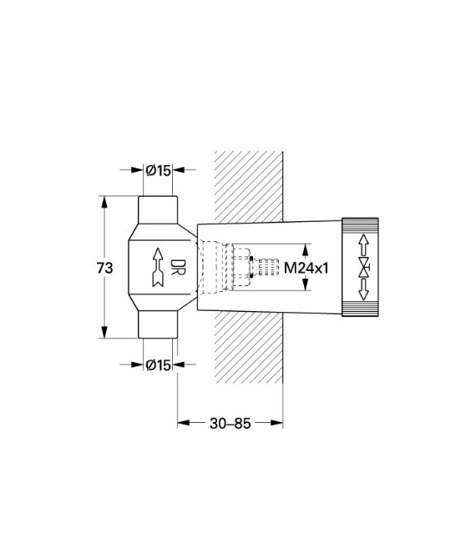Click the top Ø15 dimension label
point(158,170)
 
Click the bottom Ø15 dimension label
point(158,365)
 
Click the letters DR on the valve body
point(176,268)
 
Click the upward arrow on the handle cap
point(364,245)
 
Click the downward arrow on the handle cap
point(364,291)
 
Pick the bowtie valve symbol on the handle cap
point(364,268)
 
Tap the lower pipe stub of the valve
point(158,327)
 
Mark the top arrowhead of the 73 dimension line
point(104,201)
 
